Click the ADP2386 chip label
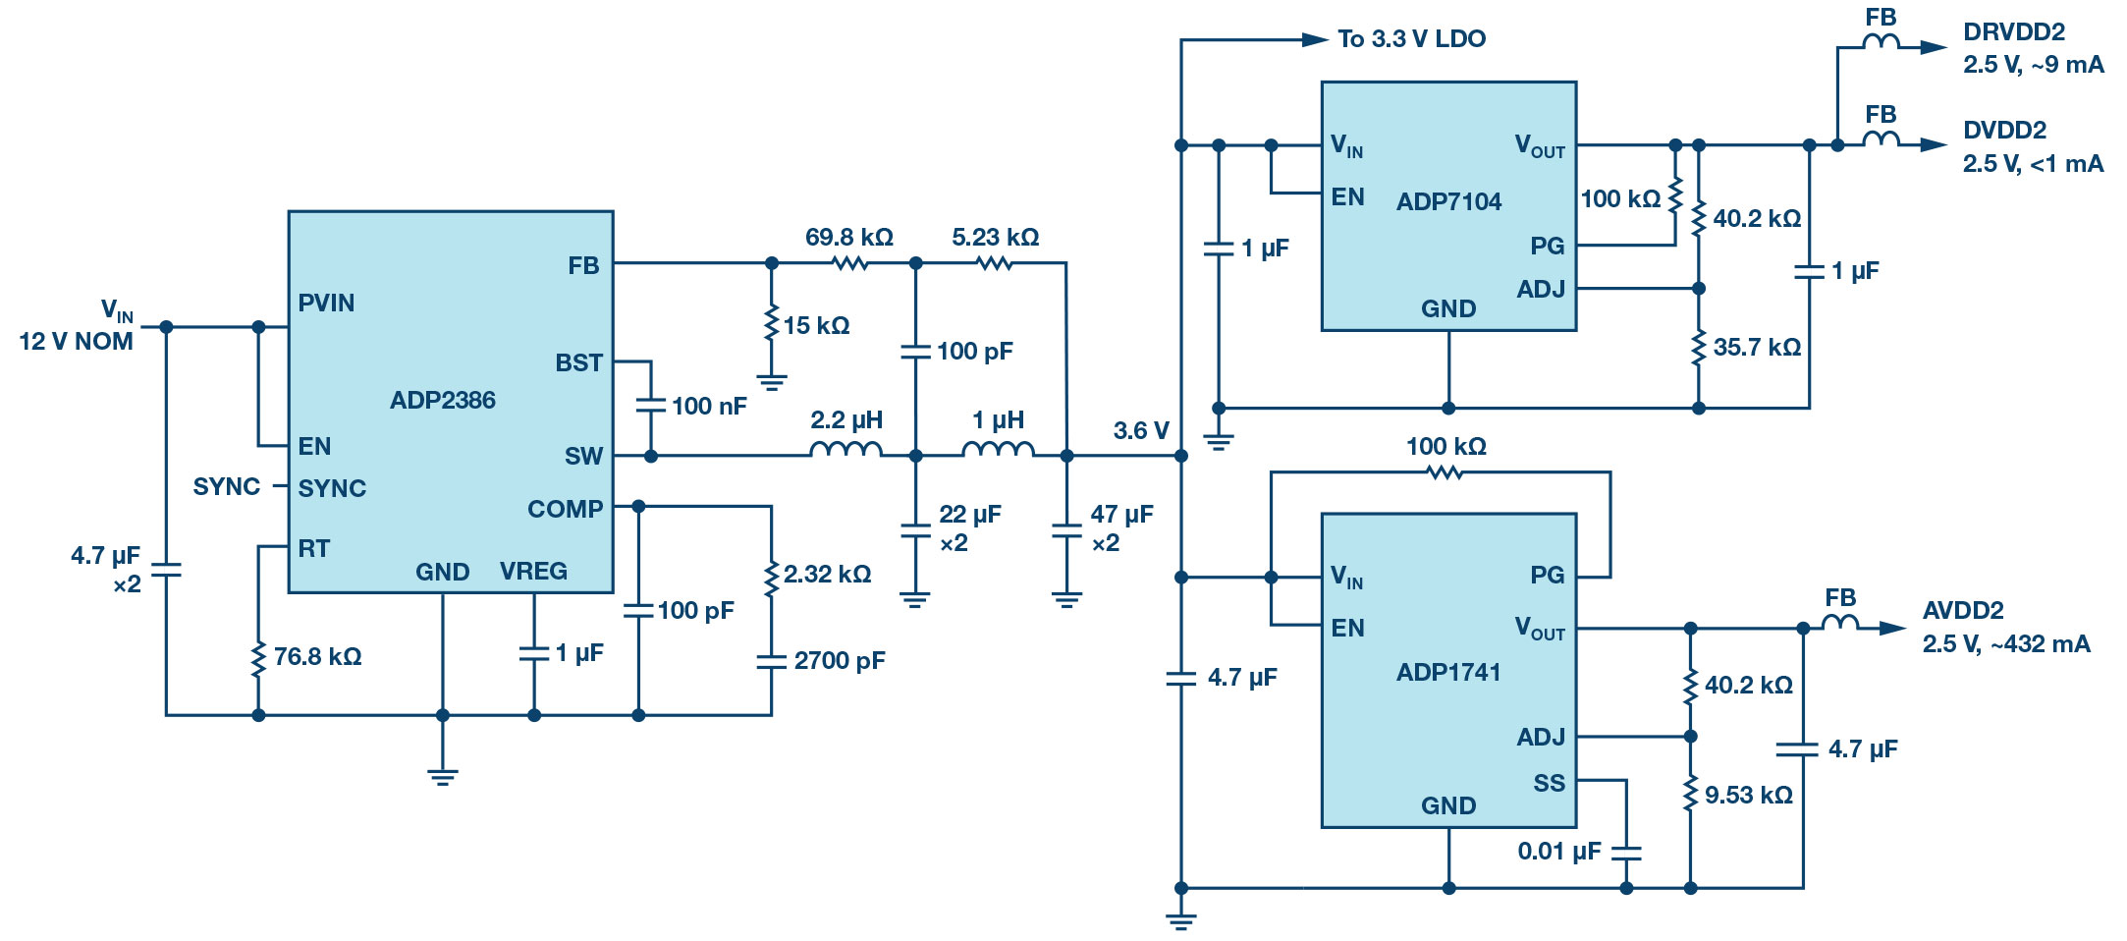(x=442, y=400)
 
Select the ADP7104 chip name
(x=1448, y=201)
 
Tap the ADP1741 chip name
(x=1448, y=672)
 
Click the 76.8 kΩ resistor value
(x=317, y=656)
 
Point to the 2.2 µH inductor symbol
(x=845, y=450)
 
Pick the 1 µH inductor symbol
(x=998, y=450)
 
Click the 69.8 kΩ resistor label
(x=848, y=237)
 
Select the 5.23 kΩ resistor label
(x=995, y=237)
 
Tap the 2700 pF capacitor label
(x=840, y=660)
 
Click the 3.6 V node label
(x=1140, y=430)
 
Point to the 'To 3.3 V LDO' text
(x=1411, y=38)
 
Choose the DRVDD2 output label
(x=2013, y=31)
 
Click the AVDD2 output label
(x=1962, y=610)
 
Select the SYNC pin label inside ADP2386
(x=332, y=488)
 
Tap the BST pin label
(x=578, y=362)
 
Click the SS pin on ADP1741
(x=1549, y=783)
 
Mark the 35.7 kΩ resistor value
(x=1757, y=347)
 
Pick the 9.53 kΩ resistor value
(x=1748, y=795)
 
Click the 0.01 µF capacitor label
(x=1558, y=851)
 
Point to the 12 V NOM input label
(x=76, y=341)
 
